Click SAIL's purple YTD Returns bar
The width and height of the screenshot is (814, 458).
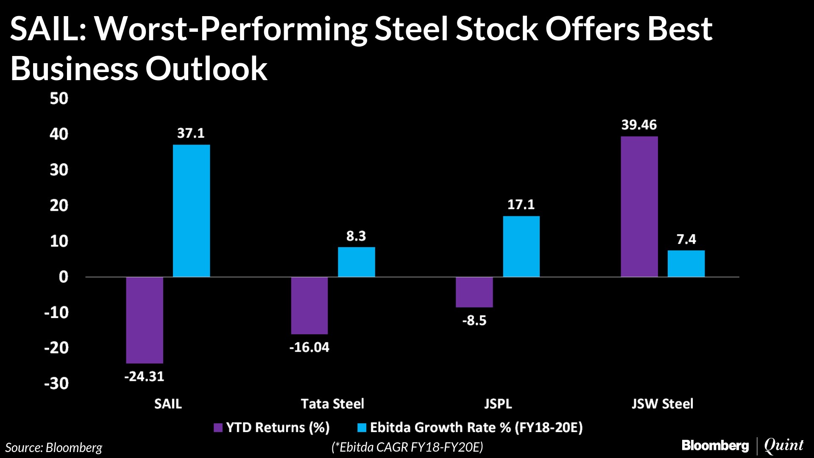click(145, 320)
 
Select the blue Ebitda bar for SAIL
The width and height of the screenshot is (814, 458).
click(191, 211)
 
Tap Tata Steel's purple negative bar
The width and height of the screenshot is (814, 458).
click(309, 305)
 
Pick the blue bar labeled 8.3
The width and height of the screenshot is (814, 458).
click(356, 262)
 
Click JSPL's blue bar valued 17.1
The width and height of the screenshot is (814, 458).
click(521, 246)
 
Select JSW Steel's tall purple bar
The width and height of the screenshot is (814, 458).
click(639, 207)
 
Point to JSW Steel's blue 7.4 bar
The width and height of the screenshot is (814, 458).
click(686, 264)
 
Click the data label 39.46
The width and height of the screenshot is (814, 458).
click(639, 125)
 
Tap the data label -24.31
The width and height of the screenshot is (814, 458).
click(144, 377)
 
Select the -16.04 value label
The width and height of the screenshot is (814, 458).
click(309, 348)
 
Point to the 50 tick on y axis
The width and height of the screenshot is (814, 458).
click(59, 99)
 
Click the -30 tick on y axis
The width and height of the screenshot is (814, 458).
click(56, 384)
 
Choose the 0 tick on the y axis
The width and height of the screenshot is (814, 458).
click(63, 277)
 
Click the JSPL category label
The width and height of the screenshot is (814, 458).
click(498, 404)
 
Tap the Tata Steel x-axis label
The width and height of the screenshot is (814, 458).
click(332, 404)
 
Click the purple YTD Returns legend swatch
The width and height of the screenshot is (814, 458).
click(218, 427)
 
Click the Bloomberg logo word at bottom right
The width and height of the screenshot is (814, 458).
click(715, 446)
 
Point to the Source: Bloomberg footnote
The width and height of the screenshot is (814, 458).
click(54, 448)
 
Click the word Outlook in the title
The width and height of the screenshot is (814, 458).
click(206, 69)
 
